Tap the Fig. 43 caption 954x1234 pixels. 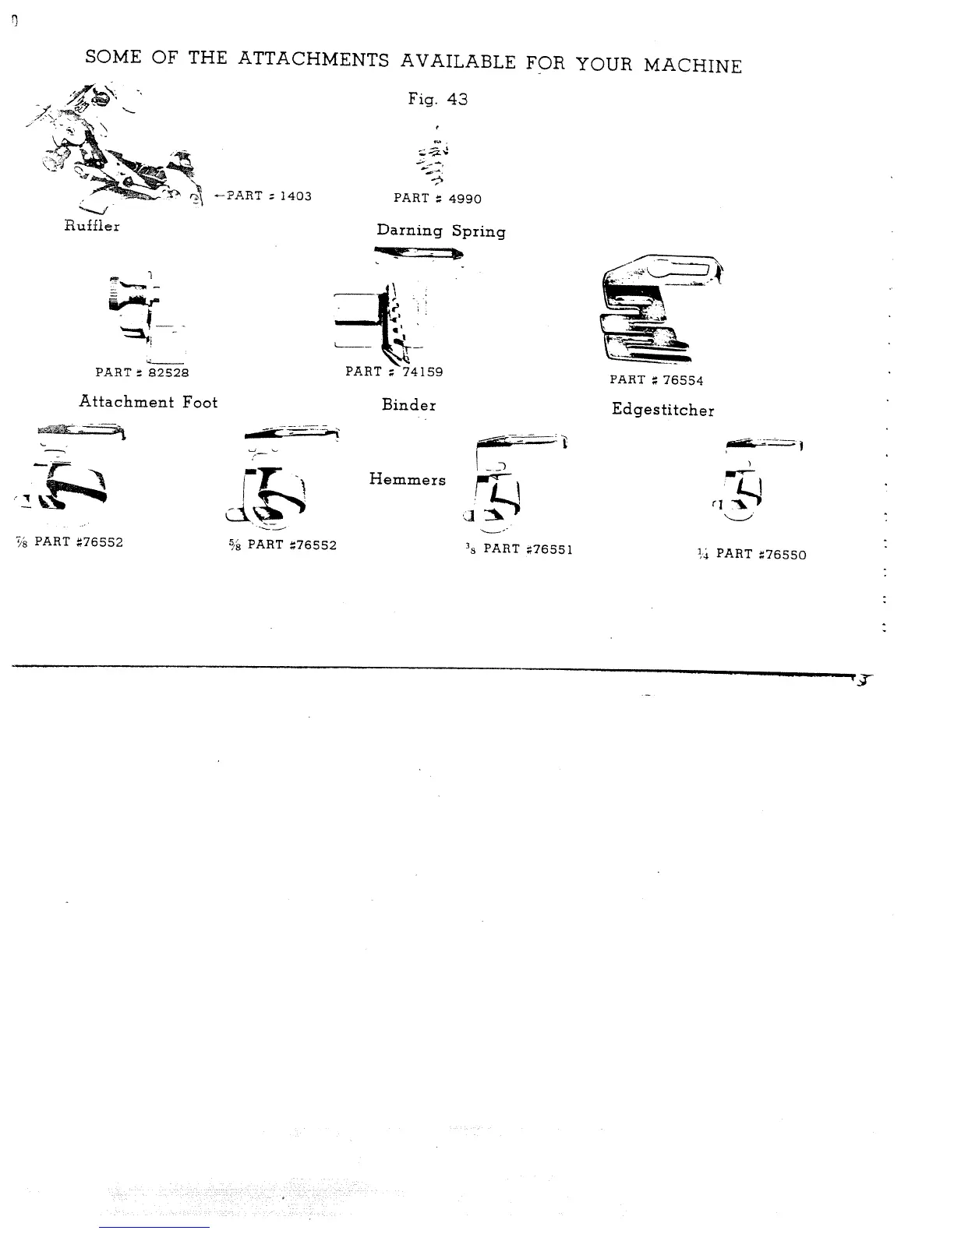tap(437, 99)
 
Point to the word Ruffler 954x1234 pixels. tap(92, 226)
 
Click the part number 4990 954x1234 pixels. tap(465, 199)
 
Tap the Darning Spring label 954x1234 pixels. tap(441, 231)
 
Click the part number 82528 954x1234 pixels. tap(169, 373)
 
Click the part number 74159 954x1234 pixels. tap(422, 372)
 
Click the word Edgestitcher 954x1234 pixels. tap(662, 410)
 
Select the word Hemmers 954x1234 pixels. tap(408, 480)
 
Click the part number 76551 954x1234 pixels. tap(549, 549)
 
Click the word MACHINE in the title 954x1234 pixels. tap(692, 65)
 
